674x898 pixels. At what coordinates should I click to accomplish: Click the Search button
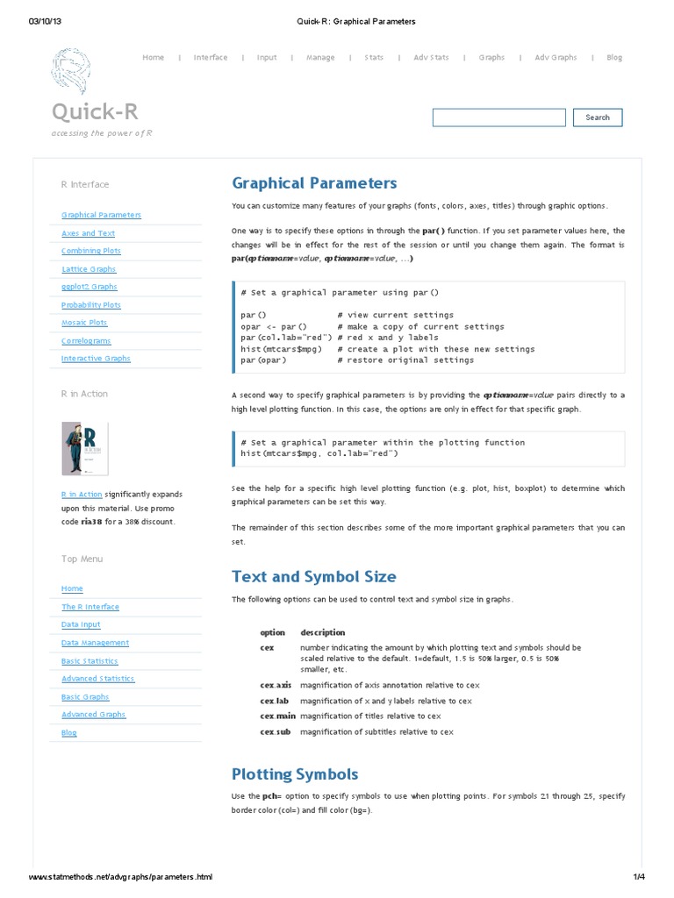click(x=598, y=118)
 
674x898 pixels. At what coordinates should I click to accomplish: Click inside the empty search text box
click(x=498, y=118)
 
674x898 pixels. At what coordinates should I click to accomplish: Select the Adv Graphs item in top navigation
click(x=556, y=58)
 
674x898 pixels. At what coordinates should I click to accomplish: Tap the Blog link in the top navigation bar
click(x=614, y=58)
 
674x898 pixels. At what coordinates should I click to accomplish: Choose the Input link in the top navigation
click(x=267, y=58)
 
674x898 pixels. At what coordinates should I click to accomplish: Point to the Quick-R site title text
click(x=94, y=111)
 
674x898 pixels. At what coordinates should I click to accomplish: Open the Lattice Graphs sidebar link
click(x=89, y=269)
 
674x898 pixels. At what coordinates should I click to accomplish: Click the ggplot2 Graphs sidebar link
click(x=89, y=287)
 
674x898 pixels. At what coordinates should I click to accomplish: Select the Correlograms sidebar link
click(x=86, y=341)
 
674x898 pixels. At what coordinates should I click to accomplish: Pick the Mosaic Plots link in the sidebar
click(x=84, y=323)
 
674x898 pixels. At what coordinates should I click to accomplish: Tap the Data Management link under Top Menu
click(x=95, y=643)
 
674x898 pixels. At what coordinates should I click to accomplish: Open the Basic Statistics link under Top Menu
click(x=90, y=661)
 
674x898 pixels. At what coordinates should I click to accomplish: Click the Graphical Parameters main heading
click(x=314, y=183)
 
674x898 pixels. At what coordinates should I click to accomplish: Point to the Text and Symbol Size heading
click(x=313, y=577)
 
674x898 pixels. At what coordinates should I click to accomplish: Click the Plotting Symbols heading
click(x=295, y=774)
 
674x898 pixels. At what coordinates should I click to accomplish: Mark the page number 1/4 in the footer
click(x=638, y=877)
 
